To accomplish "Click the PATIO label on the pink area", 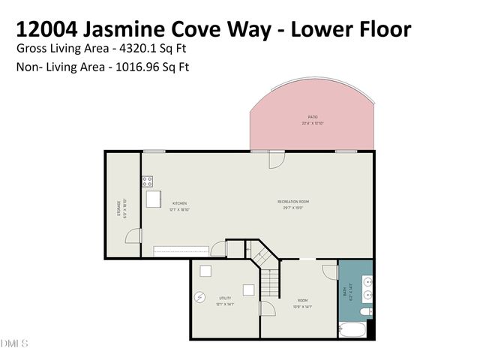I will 313,117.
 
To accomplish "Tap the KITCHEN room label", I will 179,203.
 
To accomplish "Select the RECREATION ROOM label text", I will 293,202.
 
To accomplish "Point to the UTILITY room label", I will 225,298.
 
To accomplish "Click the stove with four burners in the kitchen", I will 148,181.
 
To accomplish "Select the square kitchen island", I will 154,199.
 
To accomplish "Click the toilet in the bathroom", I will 365,311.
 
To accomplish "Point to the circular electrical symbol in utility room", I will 199,297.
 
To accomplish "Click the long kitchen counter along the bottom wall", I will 181,250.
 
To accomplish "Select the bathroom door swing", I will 330,271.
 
